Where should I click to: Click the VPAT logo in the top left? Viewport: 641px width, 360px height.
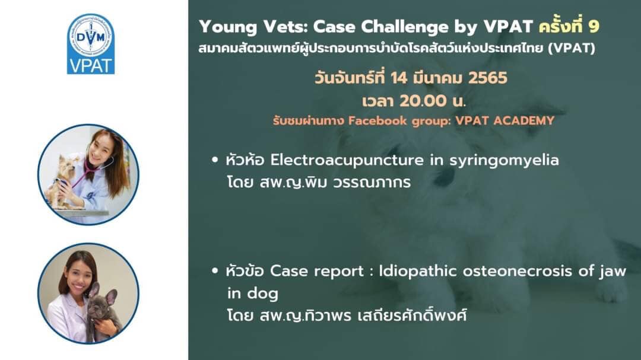pyautogui.click(x=91, y=44)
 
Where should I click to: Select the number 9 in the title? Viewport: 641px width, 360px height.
pyautogui.click(x=594, y=27)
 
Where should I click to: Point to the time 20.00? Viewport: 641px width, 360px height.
pyautogui.click(x=423, y=101)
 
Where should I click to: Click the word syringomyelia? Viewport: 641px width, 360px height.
pyautogui.click(x=504, y=161)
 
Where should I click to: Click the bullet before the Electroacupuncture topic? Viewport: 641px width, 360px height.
pyautogui.click(x=215, y=160)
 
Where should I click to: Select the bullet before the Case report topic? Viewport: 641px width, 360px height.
pyautogui.click(x=215, y=270)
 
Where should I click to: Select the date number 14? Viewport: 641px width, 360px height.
pyautogui.click(x=399, y=78)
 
